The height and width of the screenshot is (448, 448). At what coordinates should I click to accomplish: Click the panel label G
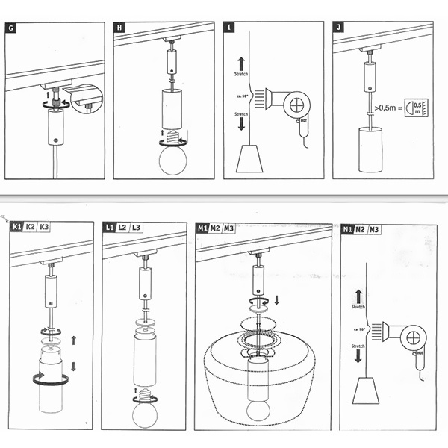[x=10, y=28]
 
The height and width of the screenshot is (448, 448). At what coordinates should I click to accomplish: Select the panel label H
[x=119, y=28]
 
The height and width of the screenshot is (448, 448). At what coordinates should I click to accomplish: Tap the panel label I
[x=230, y=28]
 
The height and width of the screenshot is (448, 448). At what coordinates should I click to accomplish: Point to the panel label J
[x=340, y=28]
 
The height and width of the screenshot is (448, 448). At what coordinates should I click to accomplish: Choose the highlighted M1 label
[x=202, y=228]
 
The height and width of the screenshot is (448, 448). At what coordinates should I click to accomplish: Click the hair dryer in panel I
[x=293, y=104]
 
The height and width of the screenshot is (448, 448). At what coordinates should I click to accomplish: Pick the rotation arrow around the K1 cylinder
[x=50, y=379]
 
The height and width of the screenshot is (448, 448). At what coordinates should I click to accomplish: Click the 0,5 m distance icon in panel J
[x=416, y=109]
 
